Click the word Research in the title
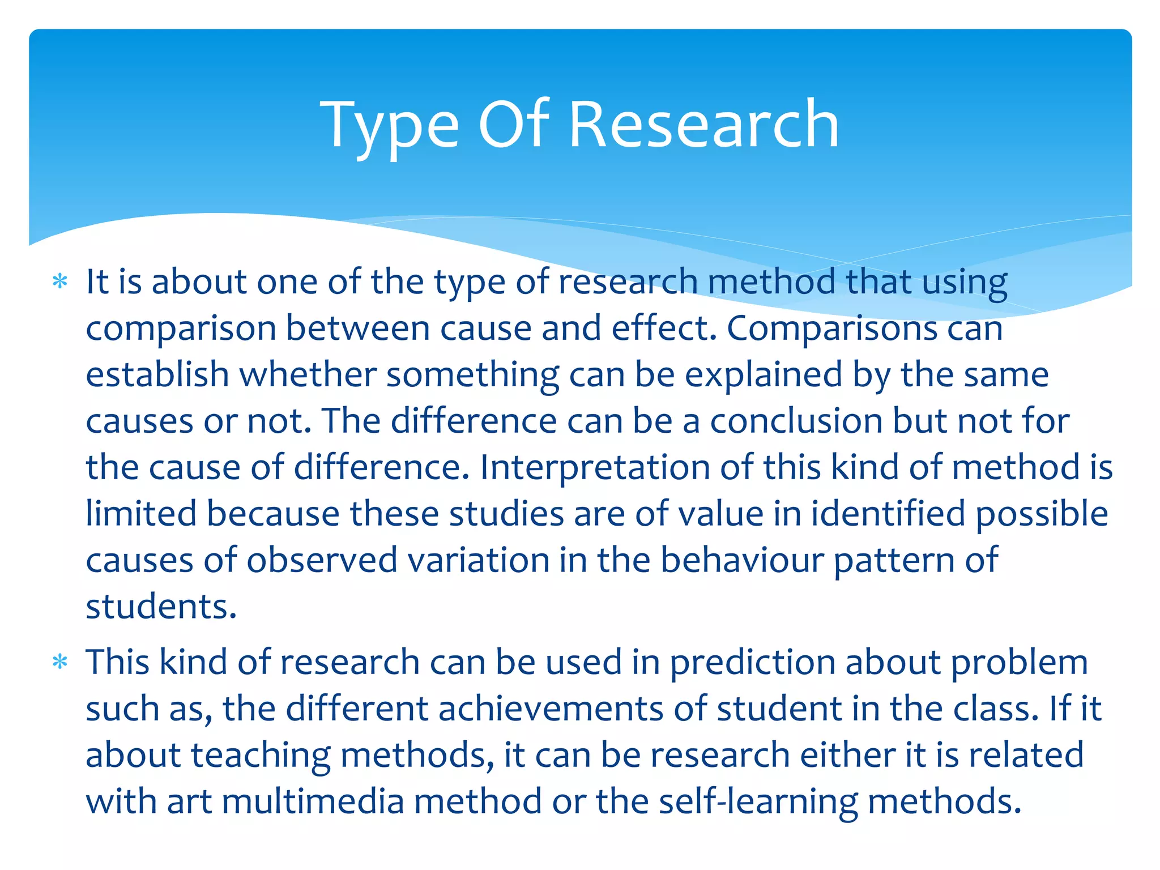tap(703, 125)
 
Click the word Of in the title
tap(514, 125)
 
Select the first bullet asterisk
tap(59, 282)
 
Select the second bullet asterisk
tap(59, 662)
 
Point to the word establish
tap(157, 374)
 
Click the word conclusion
tap(796, 421)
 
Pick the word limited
tap(140, 514)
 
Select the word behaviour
tap(742, 560)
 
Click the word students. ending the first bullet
tap(161, 607)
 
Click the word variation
tap(479, 560)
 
